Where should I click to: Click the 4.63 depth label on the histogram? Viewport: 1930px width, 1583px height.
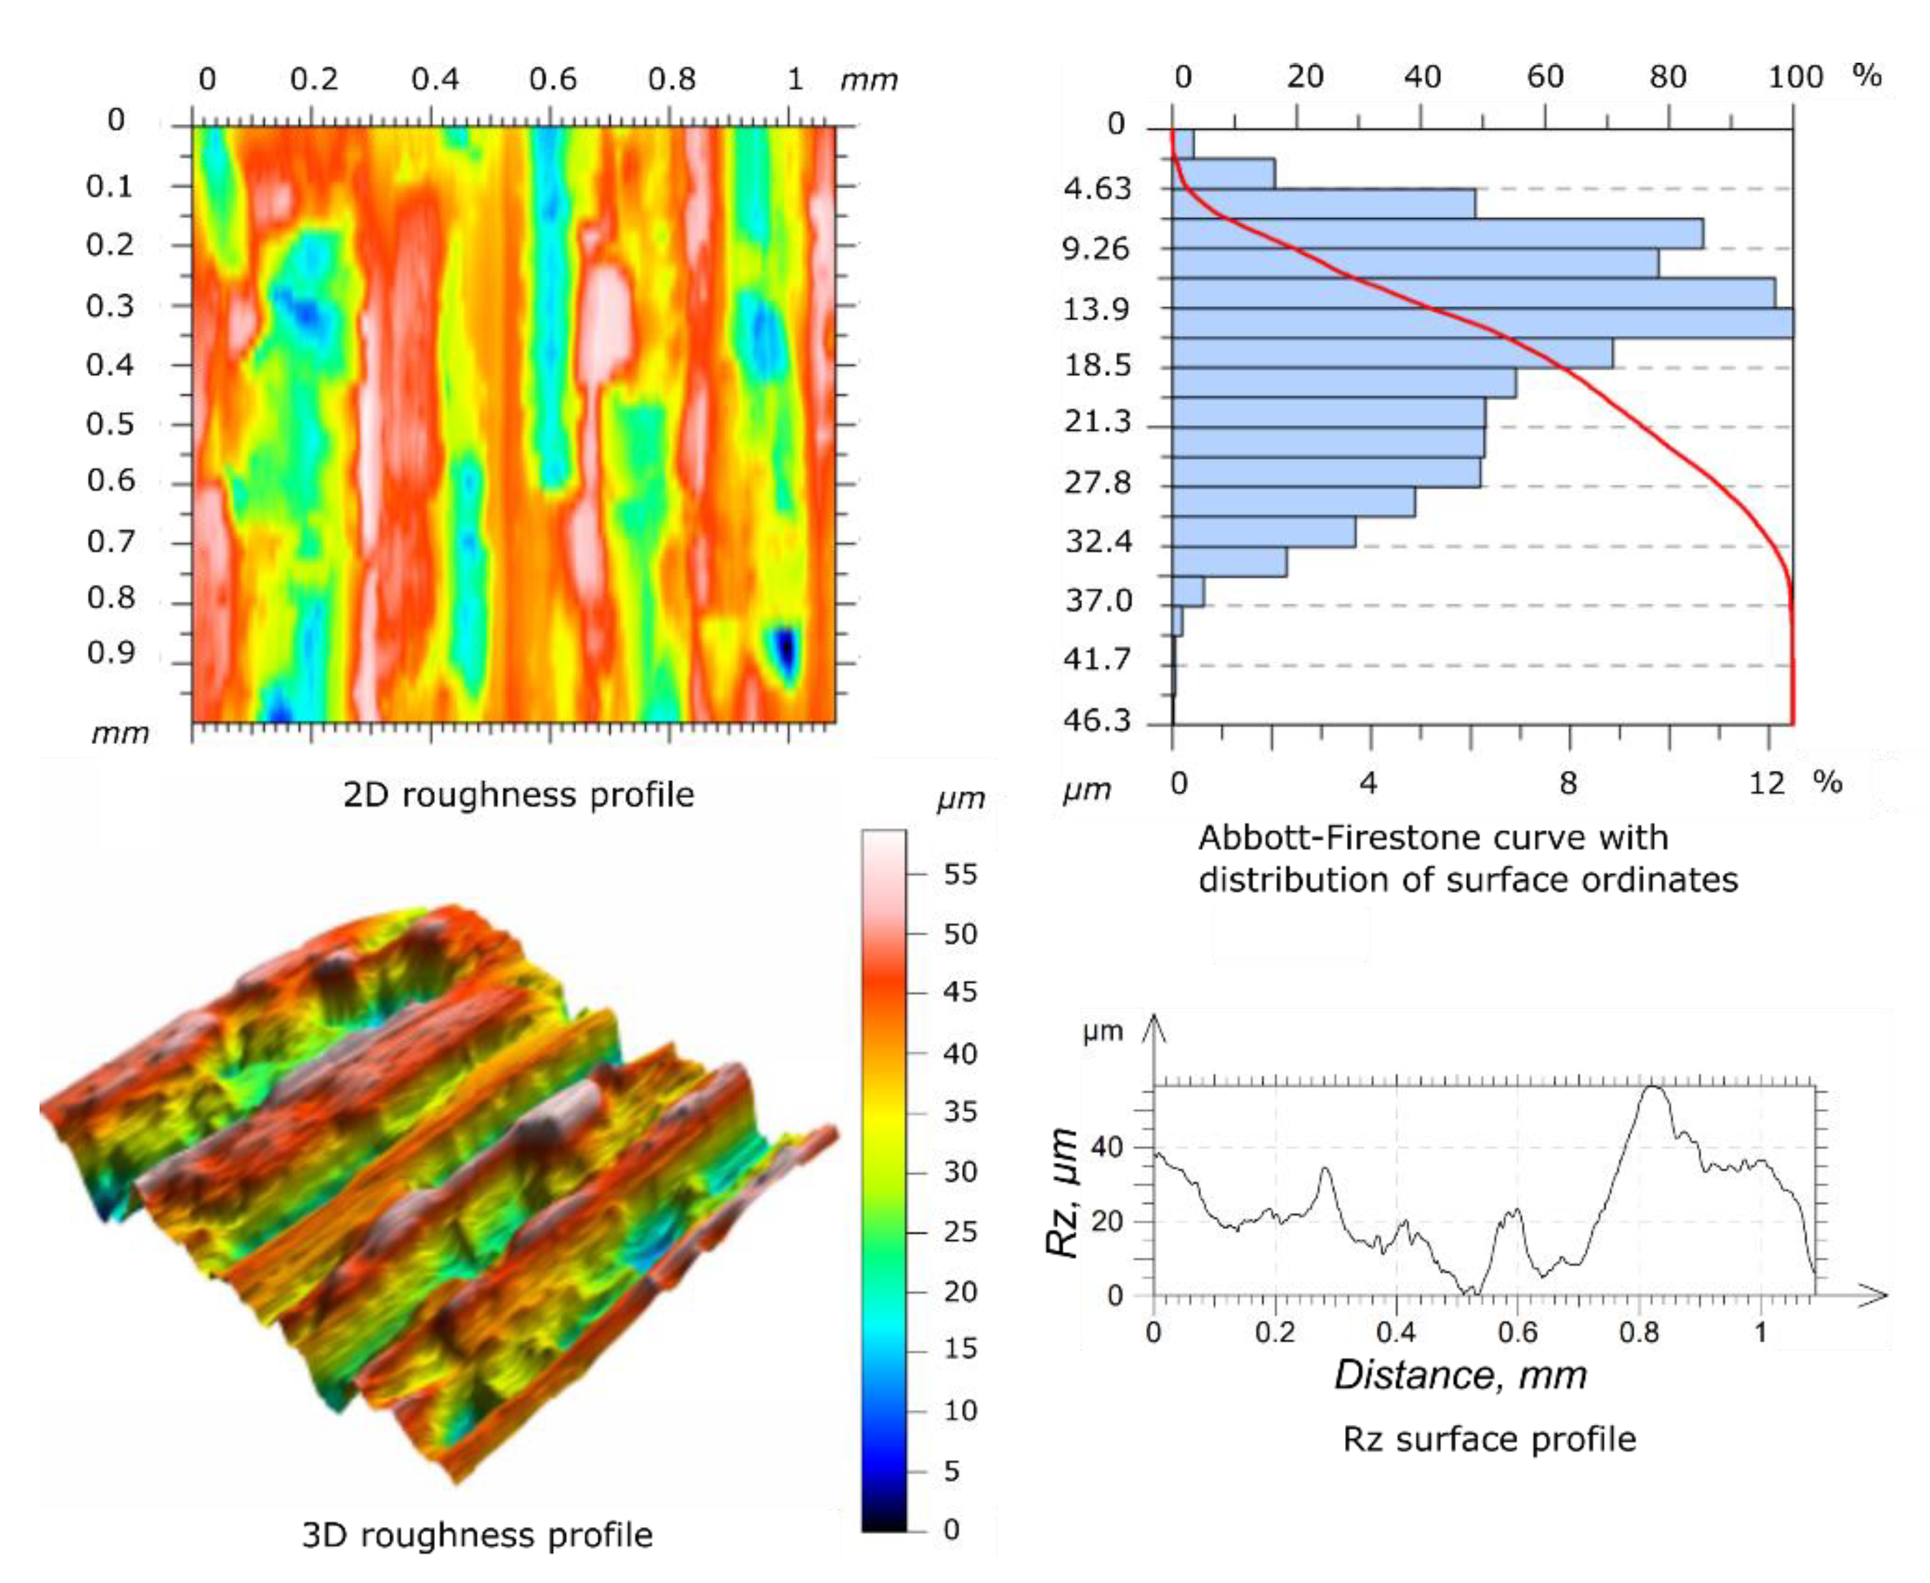[x=1096, y=189]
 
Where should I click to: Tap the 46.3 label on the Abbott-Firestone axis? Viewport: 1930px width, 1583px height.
[x=1096, y=721]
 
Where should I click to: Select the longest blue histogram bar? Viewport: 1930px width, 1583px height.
[x=1482, y=324]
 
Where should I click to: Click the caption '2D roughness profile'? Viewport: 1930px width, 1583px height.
[x=518, y=795]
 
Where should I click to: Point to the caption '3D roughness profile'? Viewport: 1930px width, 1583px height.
[x=477, y=1535]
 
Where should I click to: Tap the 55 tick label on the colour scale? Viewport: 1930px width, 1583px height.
[x=959, y=874]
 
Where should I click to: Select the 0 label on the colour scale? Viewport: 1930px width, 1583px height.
[x=951, y=1529]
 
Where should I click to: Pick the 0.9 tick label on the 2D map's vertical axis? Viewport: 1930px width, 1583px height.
[x=110, y=653]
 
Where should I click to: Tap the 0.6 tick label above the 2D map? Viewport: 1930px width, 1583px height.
[x=553, y=79]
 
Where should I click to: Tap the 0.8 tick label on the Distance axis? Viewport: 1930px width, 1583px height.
[x=1638, y=1333]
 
